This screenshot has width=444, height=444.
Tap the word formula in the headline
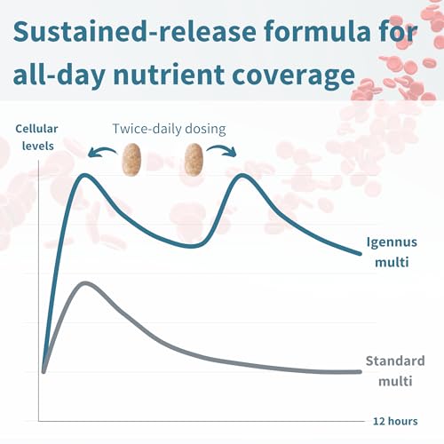317,31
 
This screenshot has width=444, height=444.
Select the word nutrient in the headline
169,74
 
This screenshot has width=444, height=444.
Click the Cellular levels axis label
36,138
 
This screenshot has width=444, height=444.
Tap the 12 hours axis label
395,421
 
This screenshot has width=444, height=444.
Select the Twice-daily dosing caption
169,130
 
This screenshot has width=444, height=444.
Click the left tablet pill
131,160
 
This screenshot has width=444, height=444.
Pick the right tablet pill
194,160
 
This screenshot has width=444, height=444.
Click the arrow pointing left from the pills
102,151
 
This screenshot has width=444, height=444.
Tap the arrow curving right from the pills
223,150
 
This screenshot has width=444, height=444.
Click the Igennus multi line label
392,252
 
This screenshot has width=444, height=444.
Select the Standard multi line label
395,371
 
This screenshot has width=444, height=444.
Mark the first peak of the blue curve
85,175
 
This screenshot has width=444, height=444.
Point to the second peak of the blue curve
242,175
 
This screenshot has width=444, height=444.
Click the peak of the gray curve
85,283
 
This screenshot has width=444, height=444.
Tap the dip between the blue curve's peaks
192,246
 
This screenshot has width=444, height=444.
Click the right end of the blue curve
360,254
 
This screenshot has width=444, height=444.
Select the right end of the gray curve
360,372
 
